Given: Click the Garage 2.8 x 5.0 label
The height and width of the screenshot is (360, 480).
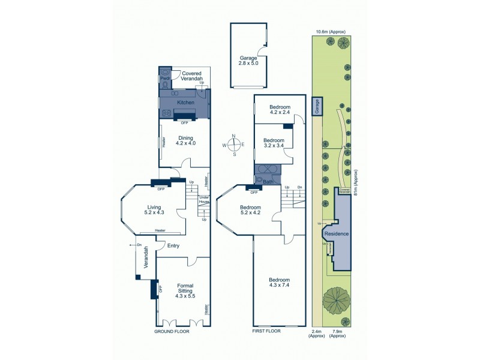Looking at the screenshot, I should [x=248, y=60].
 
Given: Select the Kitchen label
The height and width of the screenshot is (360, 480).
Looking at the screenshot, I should [x=185, y=103].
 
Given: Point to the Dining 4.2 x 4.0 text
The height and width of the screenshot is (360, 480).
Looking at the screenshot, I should [x=185, y=140].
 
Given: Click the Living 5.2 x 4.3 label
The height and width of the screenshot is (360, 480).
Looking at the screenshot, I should [x=154, y=209].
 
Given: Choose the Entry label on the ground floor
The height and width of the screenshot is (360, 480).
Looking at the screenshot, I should [x=173, y=245].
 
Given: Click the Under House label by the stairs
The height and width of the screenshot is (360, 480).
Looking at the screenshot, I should [x=204, y=200].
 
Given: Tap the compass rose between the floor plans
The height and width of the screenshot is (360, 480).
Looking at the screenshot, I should [x=235, y=144].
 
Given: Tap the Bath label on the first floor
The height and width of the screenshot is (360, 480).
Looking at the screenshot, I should [x=268, y=181].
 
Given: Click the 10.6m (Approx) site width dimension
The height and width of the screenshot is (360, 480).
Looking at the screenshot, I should [x=331, y=32].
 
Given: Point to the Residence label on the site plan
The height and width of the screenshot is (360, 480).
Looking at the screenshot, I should [x=336, y=234].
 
